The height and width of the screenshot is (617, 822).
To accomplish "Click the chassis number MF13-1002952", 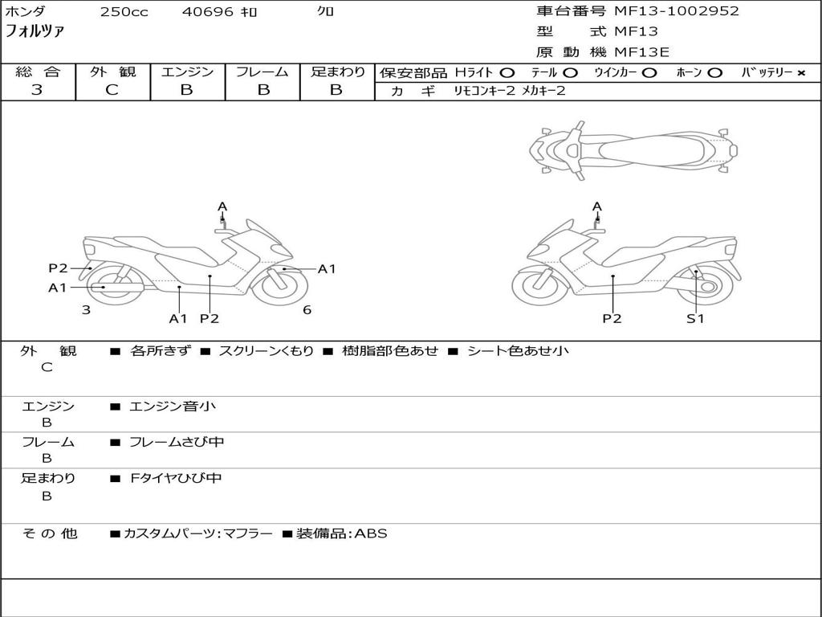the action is (x=676, y=11).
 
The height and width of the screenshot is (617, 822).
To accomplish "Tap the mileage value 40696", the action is (x=208, y=12).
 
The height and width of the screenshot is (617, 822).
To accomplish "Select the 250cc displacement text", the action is (x=124, y=12).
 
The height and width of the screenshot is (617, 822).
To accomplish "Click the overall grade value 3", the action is (x=37, y=90).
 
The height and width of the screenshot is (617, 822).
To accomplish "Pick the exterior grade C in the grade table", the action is (x=112, y=90).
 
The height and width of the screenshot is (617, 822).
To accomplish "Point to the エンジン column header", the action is (x=187, y=72).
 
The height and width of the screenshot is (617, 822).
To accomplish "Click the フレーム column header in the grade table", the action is (x=262, y=72).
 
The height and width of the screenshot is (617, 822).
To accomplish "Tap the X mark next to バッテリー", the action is (x=800, y=72).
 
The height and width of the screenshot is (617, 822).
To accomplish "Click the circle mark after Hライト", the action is (x=507, y=72).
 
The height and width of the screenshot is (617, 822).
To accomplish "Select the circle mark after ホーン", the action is (x=714, y=72).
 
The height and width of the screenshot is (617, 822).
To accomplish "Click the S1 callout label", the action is (x=694, y=318).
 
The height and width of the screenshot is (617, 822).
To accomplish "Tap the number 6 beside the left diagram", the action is (x=307, y=310).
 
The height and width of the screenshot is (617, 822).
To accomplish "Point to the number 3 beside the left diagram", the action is (x=86, y=310).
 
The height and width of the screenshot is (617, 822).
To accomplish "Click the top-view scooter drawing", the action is (x=633, y=150).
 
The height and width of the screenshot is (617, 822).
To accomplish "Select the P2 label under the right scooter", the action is (x=612, y=318).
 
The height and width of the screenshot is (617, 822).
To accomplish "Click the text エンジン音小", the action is (x=173, y=407).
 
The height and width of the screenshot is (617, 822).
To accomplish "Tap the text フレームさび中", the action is (x=177, y=442).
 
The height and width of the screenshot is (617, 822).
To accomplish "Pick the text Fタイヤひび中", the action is (x=176, y=478).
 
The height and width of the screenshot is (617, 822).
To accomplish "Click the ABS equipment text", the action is (x=371, y=533).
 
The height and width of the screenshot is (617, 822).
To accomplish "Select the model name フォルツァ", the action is (x=35, y=32).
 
